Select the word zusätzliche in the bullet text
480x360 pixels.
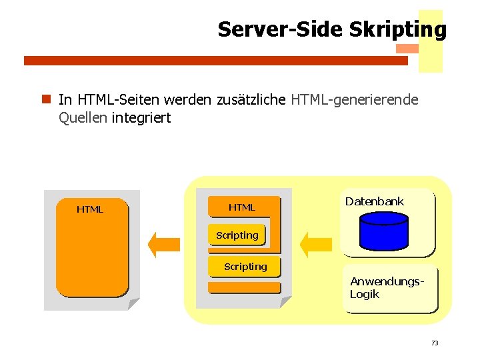pos(251,100)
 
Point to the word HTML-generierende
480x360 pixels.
pos(355,100)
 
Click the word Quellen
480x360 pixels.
pos(83,118)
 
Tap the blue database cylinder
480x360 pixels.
pos(383,229)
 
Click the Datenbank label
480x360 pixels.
pos(375,201)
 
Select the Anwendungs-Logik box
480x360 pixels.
pos(390,289)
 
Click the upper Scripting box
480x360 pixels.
pos(237,235)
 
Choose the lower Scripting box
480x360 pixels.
pos(245,267)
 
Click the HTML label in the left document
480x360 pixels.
pos(90,209)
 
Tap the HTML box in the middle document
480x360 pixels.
pos(243,207)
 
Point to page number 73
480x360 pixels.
pos(435,343)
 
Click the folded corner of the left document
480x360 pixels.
pos(133,304)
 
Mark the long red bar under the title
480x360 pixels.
pos(215,61)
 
